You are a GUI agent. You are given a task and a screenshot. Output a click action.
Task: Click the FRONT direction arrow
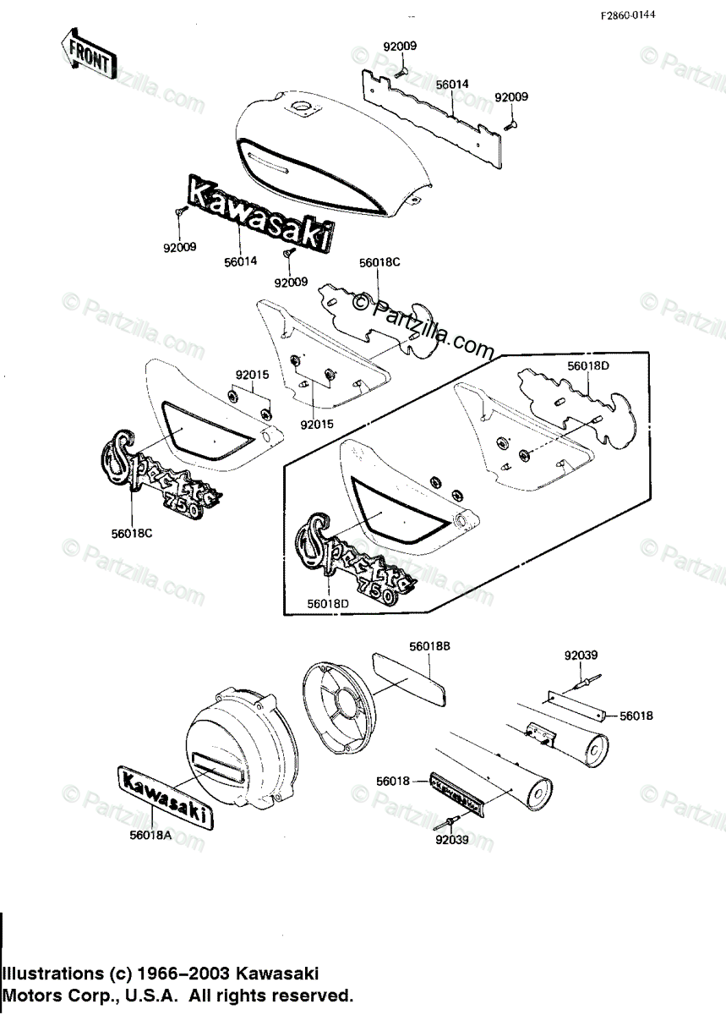point(88,52)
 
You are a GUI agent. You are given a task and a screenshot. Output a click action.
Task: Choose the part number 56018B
point(429,645)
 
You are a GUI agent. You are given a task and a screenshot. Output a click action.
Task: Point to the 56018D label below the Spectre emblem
point(327,603)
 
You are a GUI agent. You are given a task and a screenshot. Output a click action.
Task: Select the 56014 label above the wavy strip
point(452,85)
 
